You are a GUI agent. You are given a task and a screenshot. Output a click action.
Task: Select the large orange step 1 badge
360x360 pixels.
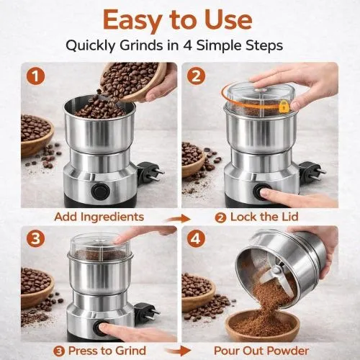tap(32, 75)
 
